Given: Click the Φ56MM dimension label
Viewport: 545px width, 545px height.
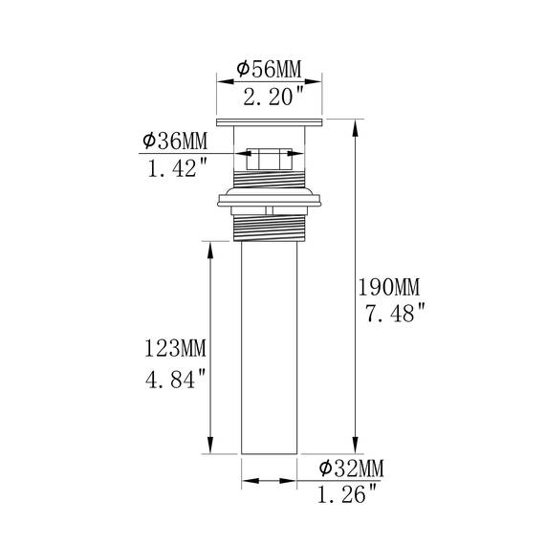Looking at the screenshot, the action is pos(269,69).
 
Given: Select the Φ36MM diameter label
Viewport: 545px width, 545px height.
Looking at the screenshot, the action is pos(175,141).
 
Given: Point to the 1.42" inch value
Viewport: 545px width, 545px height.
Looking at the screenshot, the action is pos(177,167).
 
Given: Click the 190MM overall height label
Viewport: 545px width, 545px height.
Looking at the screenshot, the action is pos(389,287).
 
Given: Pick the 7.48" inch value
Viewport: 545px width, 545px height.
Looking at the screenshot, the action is pos(395,312).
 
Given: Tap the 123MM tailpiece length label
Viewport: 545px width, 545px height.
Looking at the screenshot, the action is pos(176,348).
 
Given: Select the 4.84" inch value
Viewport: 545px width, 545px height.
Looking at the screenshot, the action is pos(176,379).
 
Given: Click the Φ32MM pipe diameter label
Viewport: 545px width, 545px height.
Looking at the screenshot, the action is pos(352,468).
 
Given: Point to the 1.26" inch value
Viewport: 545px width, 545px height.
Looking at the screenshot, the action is pos(347,494).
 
